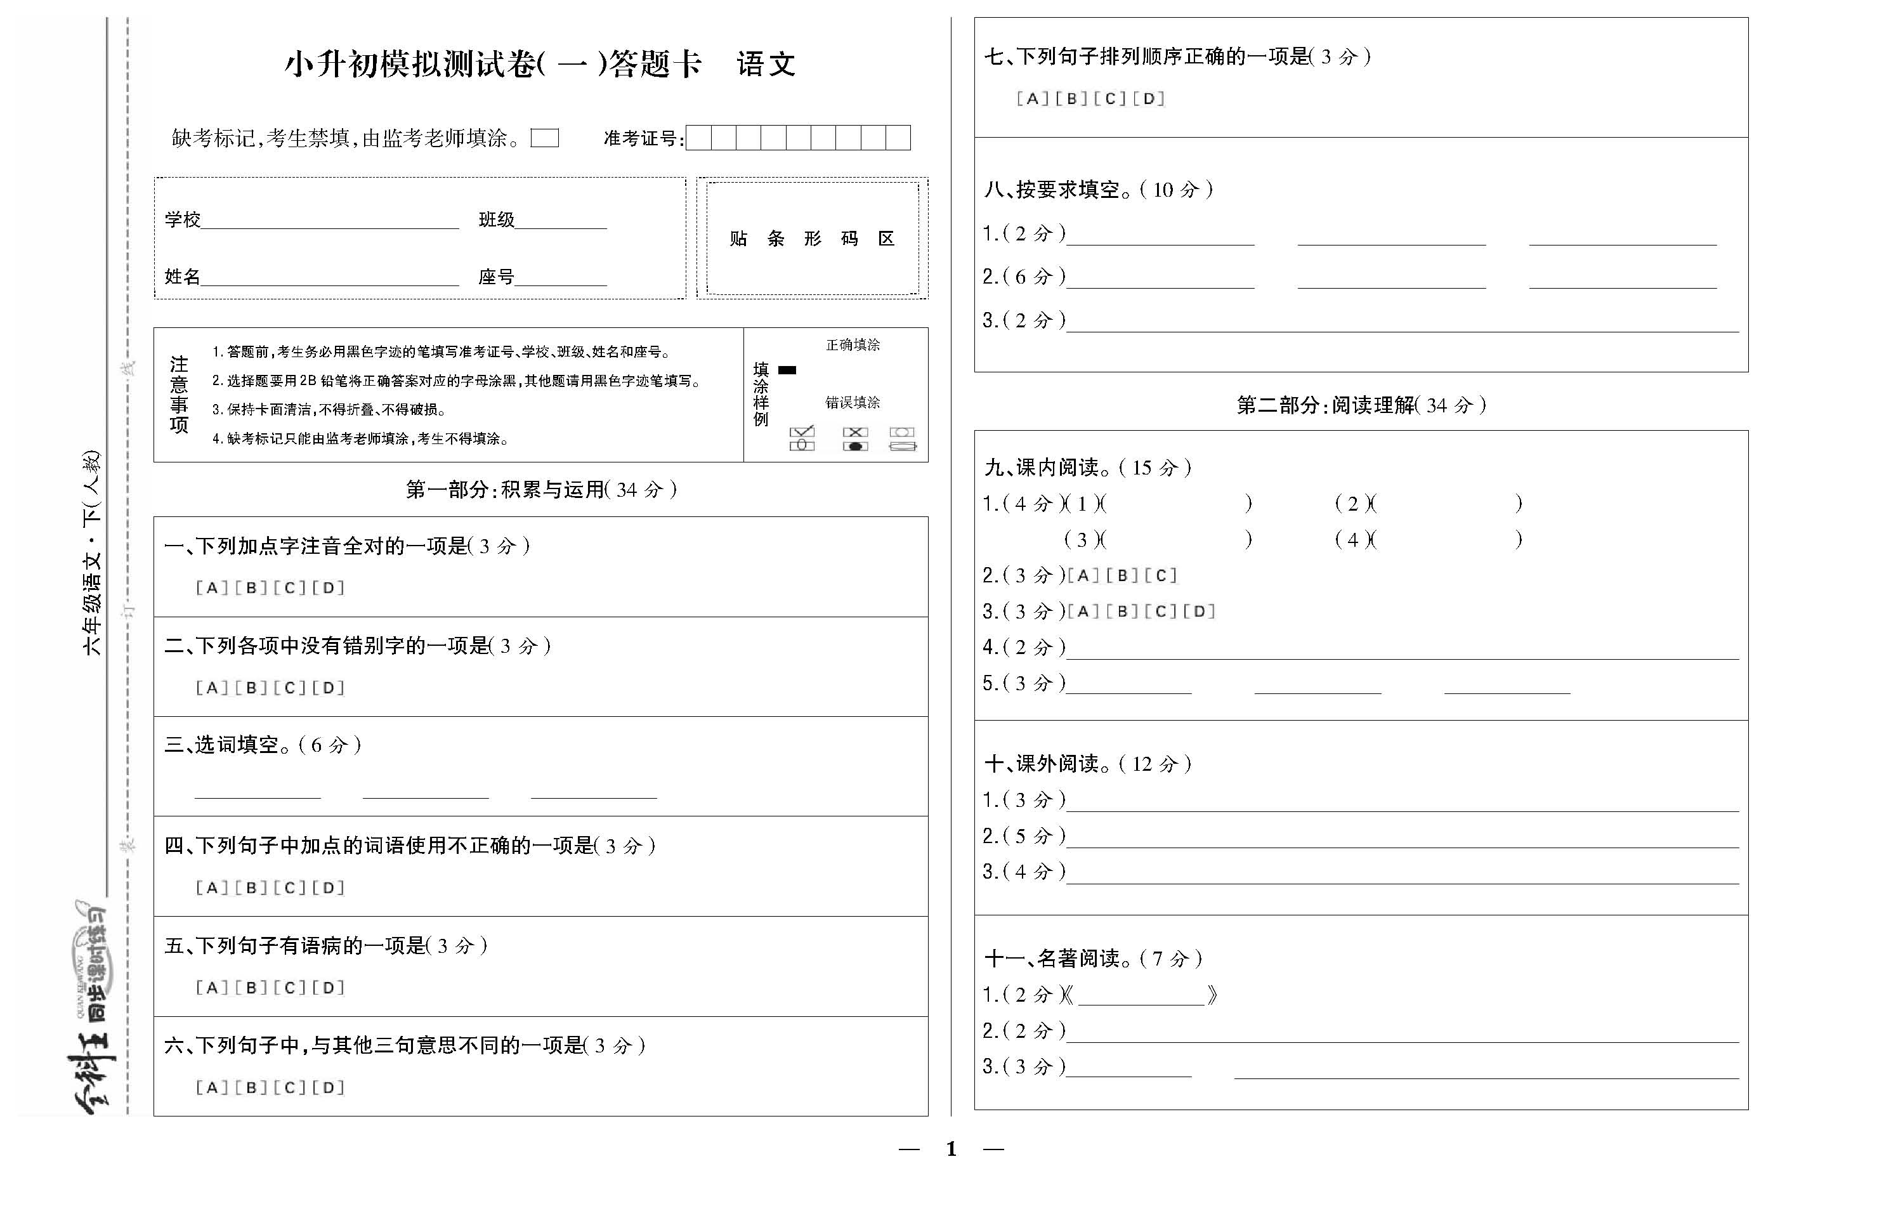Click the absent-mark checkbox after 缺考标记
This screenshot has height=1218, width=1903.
click(545, 138)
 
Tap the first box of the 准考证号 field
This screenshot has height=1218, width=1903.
click(699, 138)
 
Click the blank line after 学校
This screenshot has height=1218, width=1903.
click(330, 221)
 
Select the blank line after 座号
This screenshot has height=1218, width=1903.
click(561, 278)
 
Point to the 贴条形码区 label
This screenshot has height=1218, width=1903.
click(812, 239)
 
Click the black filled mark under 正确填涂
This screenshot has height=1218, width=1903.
click(787, 369)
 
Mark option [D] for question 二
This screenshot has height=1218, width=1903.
click(329, 688)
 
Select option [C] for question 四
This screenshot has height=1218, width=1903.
click(289, 888)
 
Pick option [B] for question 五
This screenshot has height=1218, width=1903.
click(251, 988)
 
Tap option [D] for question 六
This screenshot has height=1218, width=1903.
click(329, 1089)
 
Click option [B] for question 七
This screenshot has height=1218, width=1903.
click(1071, 99)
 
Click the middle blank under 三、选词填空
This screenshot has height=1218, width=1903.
click(426, 791)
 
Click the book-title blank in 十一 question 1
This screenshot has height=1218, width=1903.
click(1141, 997)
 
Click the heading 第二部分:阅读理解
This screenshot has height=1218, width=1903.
click(1361, 405)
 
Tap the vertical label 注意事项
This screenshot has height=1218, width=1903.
click(180, 395)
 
